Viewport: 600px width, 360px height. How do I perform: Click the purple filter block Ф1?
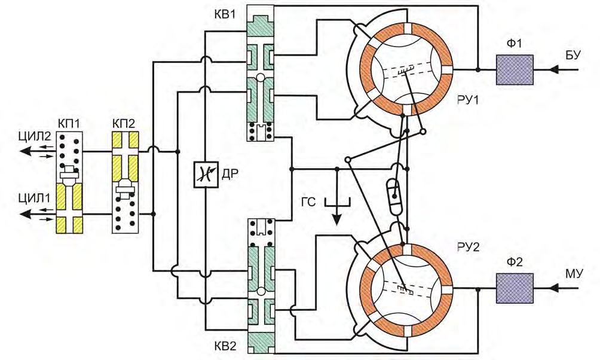tap(514, 70)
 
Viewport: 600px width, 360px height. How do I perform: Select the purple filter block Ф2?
tap(514, 289)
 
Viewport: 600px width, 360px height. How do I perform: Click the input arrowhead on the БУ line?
tap(555, 70)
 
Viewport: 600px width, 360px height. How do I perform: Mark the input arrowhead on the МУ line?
tap(555, 289)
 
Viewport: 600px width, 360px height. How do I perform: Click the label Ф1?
tap(514, 45)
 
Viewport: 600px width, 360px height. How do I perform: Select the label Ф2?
tap(514, 263)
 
